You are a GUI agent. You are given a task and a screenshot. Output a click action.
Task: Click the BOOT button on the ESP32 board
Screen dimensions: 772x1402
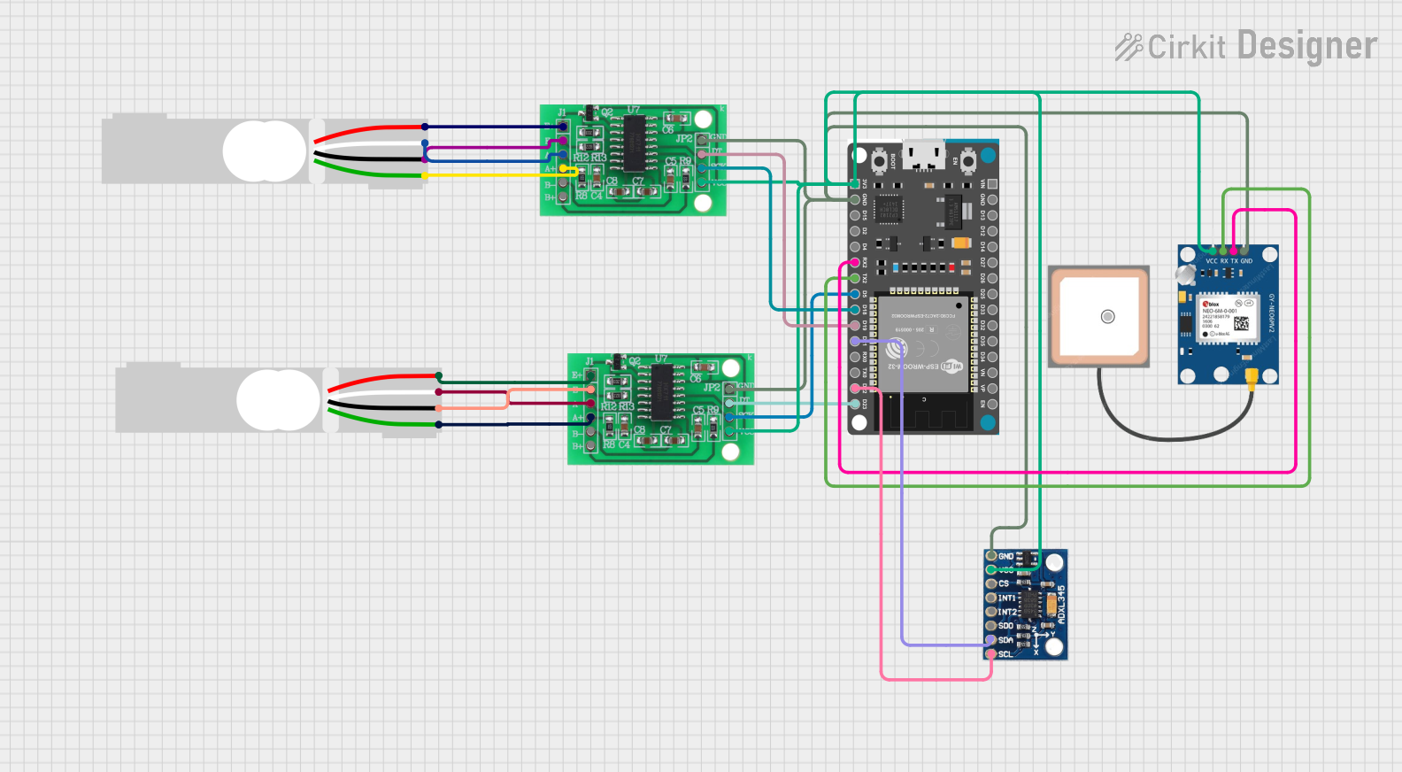click(880, 160)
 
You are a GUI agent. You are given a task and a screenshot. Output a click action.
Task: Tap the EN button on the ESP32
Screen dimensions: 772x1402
click(967, 160)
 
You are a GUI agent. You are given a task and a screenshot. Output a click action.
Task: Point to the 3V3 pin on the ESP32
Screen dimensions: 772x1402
click(855, 184)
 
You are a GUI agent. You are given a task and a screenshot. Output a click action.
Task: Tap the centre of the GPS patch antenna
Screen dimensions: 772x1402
click(1107, 316)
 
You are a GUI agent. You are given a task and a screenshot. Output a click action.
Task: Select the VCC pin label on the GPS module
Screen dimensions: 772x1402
click(1211, 261)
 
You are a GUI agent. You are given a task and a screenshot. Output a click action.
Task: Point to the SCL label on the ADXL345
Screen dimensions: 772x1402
click(1005, 654)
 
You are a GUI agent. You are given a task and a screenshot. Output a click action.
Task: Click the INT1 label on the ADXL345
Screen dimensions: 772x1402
click(1007, 598)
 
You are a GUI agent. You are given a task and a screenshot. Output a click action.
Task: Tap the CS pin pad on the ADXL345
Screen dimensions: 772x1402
click(991, 583)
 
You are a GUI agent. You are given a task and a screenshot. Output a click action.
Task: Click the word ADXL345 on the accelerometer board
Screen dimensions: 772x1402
click(1061, 603)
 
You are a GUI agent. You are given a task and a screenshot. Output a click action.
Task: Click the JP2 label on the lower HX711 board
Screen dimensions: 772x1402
click(711, 388)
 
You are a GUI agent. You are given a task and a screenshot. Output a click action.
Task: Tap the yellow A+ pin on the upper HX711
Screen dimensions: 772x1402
click(562, 168)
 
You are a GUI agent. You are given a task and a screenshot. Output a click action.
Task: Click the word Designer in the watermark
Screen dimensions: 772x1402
click(1306, 46)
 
